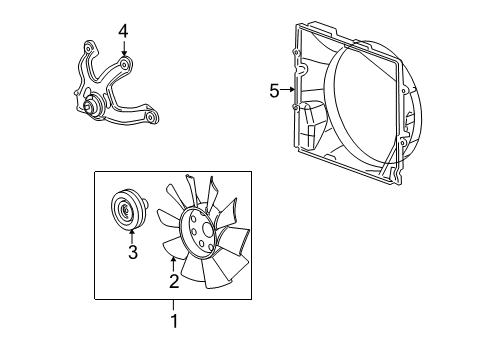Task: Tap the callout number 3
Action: (131, 253)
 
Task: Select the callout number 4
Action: (123, 31)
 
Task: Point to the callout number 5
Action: (274, 91)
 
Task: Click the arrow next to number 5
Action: (289, 91)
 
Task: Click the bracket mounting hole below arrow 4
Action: (123, 66)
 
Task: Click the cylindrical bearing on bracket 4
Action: (91, 107)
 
